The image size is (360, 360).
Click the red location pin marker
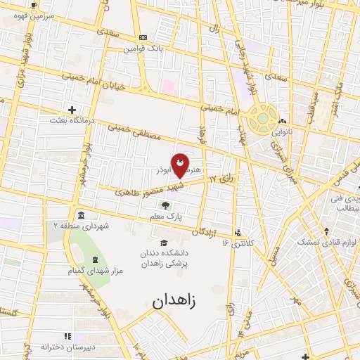[x=180, y=165]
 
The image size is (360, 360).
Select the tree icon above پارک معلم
[x=165, y=205]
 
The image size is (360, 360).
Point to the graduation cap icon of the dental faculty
[x=165, y=243]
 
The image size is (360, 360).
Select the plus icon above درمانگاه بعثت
[x=72, y=109]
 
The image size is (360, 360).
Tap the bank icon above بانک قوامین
[x=143, y=37]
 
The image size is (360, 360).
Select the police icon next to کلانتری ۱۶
[x=240, y=232]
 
